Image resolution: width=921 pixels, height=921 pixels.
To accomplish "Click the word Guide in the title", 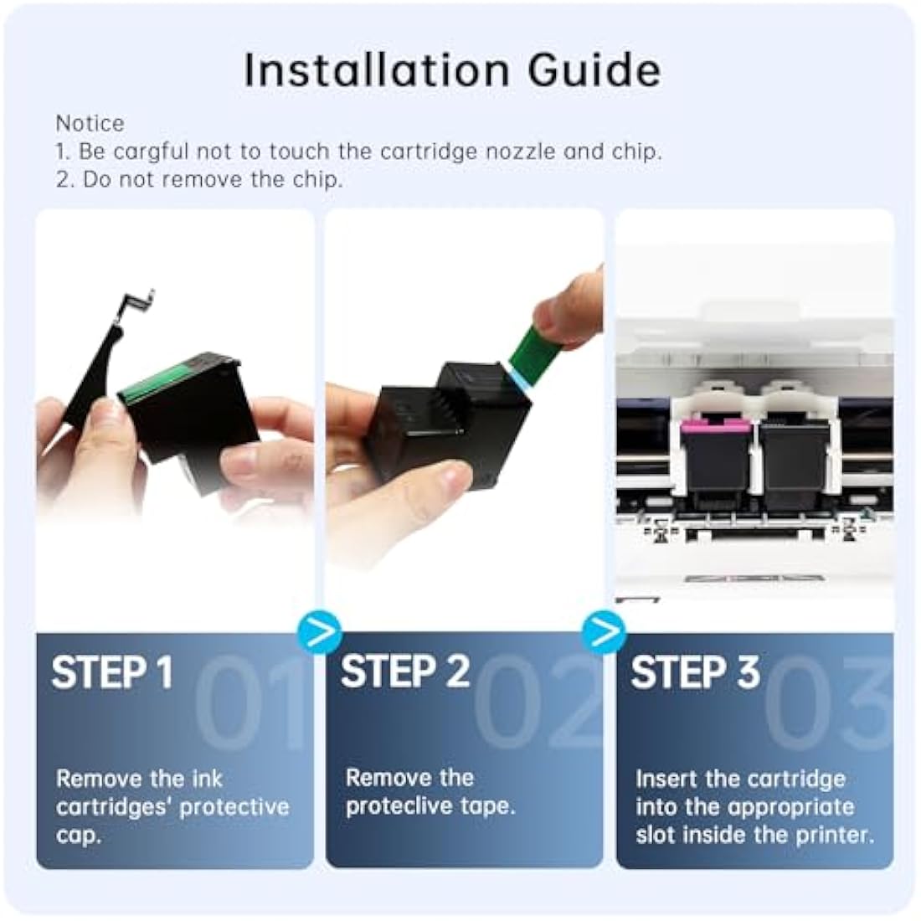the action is pos(594,70).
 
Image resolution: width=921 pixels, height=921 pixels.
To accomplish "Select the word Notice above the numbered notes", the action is pos(90,123).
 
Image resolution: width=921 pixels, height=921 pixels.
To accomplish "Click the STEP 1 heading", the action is pos(112,672).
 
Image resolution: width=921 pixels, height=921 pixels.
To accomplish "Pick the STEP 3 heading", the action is pos(695,672).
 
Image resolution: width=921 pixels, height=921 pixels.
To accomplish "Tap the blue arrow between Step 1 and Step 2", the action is pos(320,632).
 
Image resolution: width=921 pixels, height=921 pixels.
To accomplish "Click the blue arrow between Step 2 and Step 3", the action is pos(604,632).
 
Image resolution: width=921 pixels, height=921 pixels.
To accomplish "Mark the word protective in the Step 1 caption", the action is pos(234,808).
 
